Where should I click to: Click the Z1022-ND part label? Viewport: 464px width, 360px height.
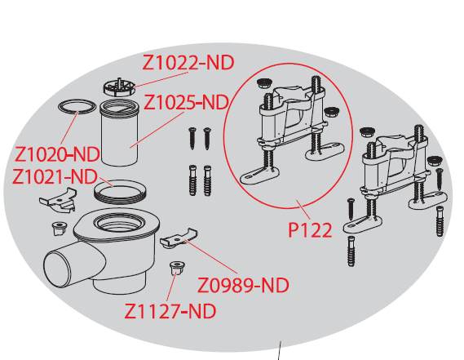188,63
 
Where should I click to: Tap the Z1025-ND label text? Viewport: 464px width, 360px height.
187,103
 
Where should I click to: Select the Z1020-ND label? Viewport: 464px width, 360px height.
57,154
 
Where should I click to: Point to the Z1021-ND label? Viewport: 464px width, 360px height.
55,177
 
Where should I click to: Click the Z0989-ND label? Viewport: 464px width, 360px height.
243,286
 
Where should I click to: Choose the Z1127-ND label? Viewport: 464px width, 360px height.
170,311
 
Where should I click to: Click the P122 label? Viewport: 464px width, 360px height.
310,230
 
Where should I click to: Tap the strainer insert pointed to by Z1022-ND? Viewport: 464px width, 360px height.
119,87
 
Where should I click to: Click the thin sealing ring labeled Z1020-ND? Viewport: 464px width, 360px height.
77,107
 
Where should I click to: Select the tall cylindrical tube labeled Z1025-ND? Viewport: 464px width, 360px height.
119,132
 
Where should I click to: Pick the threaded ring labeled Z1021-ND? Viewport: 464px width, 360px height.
120,192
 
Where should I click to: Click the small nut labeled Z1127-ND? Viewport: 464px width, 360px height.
177,268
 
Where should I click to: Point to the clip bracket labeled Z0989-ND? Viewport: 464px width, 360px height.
179,238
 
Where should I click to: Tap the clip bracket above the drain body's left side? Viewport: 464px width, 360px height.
58,200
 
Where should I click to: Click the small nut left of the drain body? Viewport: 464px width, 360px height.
60,229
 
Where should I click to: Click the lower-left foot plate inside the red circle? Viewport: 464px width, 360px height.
259,176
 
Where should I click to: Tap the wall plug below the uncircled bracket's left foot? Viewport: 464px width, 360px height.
351,251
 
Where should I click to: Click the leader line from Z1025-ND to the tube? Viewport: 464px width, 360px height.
157,130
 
